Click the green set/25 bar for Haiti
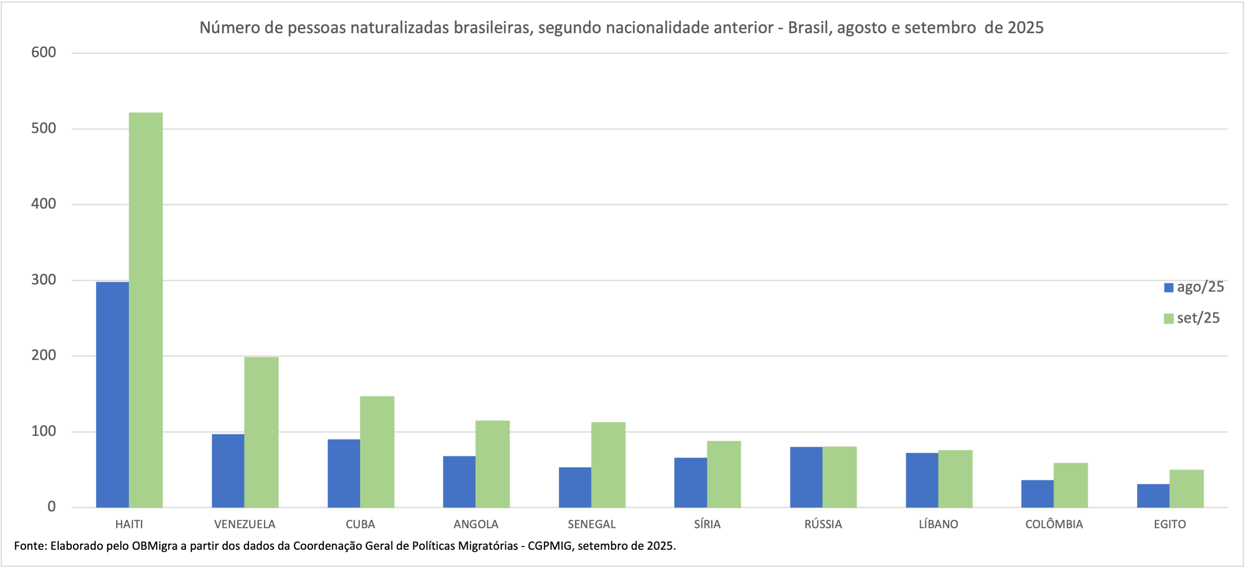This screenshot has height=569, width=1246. [x=146, y=310]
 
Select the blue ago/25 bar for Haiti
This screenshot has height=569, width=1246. [x=112, y=395]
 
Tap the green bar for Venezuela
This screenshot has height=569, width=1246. [x=261, y=432]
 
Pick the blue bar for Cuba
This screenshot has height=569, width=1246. [x=343, y=473]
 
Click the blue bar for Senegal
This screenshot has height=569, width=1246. [x=574, y=487]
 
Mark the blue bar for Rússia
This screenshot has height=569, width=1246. [x=806, y=477]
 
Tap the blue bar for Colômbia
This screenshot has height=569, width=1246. [x=1037, y=493]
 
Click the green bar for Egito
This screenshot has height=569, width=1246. [x=1187, y=488]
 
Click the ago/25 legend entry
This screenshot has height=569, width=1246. [x=1194, y=287]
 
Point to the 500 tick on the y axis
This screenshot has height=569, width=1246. [x=44, y=128]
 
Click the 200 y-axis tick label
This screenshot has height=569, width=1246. [x=44, y=355]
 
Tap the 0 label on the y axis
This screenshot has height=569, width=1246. [x=51, y=507]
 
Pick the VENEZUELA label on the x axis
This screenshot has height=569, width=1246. [x=245, y=524]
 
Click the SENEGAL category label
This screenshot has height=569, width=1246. [x=591, y=524]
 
